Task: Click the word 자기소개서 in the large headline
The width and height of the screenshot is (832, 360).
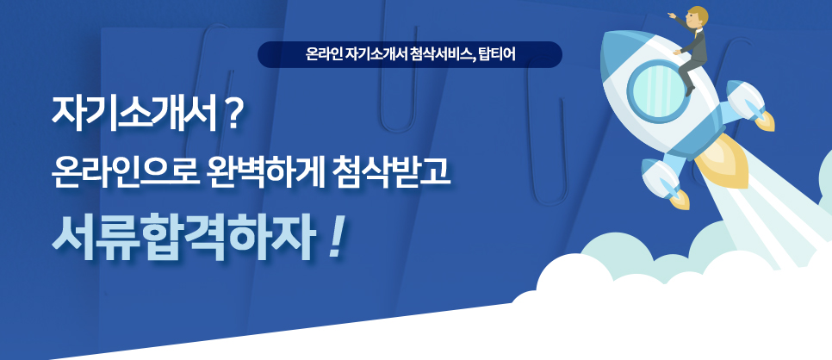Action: click(134, 115)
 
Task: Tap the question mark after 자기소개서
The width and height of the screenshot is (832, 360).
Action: click(233, 115)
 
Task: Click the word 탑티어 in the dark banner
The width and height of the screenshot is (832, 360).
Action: click(497, 55)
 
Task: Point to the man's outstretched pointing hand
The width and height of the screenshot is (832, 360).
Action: click(671, 16)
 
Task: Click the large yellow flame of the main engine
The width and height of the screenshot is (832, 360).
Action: click(723, 161)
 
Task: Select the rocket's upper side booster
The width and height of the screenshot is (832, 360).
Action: click(749, 104)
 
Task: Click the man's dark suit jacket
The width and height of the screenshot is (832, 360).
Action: click(696, 40)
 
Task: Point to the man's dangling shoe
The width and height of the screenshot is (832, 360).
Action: click(689, 92)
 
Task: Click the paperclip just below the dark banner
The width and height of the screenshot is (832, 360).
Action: click(398, 79)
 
